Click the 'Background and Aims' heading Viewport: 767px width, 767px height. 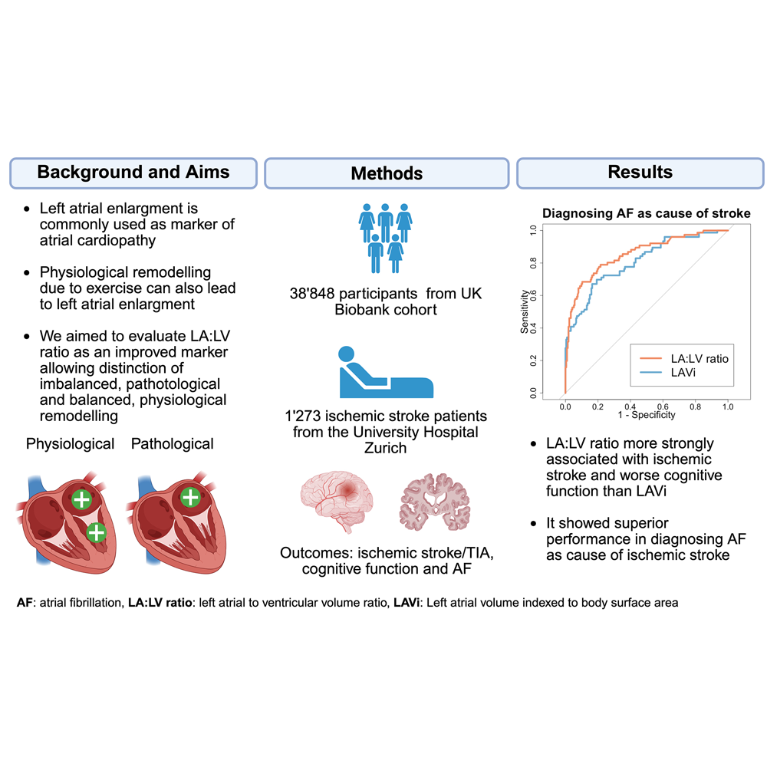pos(133,172)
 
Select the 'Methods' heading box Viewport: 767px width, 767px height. pos(387,173)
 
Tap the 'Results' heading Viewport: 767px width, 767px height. pos(640,172)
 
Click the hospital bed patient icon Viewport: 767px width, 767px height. pos(386,372)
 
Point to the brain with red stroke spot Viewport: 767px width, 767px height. pos(337,501)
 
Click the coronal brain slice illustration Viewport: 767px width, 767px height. pos(435,502)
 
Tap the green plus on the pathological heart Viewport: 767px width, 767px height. pos(190,498)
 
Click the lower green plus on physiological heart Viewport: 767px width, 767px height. pos(97,532)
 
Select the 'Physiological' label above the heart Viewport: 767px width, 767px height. pos(70,444)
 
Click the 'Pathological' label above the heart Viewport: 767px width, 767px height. pos(172,444)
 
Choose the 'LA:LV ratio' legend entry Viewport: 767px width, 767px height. pos(684,358)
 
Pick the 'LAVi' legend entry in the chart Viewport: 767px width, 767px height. pos(668,373)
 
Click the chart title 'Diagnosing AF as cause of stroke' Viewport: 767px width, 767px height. pos(646,213)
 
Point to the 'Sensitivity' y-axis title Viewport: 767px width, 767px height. pos(525,311)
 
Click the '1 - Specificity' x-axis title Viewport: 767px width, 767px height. pos(646,415)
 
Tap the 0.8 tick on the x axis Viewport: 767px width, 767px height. pos(695,407)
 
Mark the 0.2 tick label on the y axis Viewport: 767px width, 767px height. pos(533,360)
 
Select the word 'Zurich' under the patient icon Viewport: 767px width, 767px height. pos(386,448)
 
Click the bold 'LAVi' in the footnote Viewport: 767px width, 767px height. pos(407,603)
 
